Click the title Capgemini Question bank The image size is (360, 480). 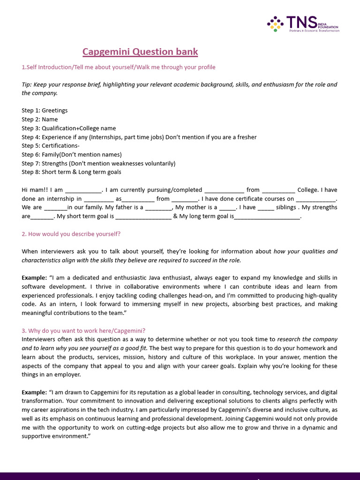[x=140, y=52]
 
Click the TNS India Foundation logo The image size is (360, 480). [x=303, y=24]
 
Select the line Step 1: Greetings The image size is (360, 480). [x=45, y=111]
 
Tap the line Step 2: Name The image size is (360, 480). [x=40, y=120]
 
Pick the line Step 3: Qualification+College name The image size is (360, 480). [x=68, y=128]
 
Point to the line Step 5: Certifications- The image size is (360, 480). [x=51, y=146]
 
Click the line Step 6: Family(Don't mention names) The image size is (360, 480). [x=72, y=155]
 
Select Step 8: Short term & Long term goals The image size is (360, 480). [x=71, y=172]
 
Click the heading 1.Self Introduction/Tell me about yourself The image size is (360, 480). [x=119, y=67]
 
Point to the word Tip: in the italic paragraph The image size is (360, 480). [x=27, y=84]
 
